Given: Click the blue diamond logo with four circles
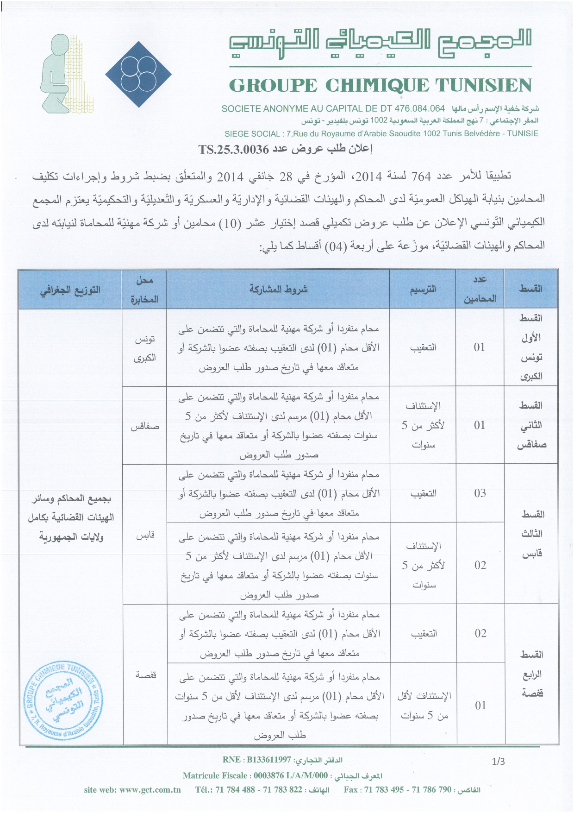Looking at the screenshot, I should tap(138, 74).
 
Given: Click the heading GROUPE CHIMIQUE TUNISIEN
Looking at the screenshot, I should tap(381, 86).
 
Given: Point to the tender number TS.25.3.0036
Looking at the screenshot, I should tap(233, 149).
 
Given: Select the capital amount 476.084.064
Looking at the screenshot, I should tap(419, 109).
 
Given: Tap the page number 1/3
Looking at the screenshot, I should tap(498, 761).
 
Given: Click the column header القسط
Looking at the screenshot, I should tap(530, 289).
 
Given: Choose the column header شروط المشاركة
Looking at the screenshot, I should tap(278, 290).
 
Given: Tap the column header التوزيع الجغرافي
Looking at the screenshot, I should tap(70, 290).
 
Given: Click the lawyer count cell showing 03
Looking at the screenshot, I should tap(480, 493).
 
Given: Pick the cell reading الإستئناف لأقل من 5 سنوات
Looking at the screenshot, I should tap(424, 706).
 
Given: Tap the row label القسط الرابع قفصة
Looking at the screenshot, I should tap(531, 674).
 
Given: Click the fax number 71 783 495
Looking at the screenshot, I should tap(382, 790).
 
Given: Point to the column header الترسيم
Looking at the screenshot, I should tap(423, 290).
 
